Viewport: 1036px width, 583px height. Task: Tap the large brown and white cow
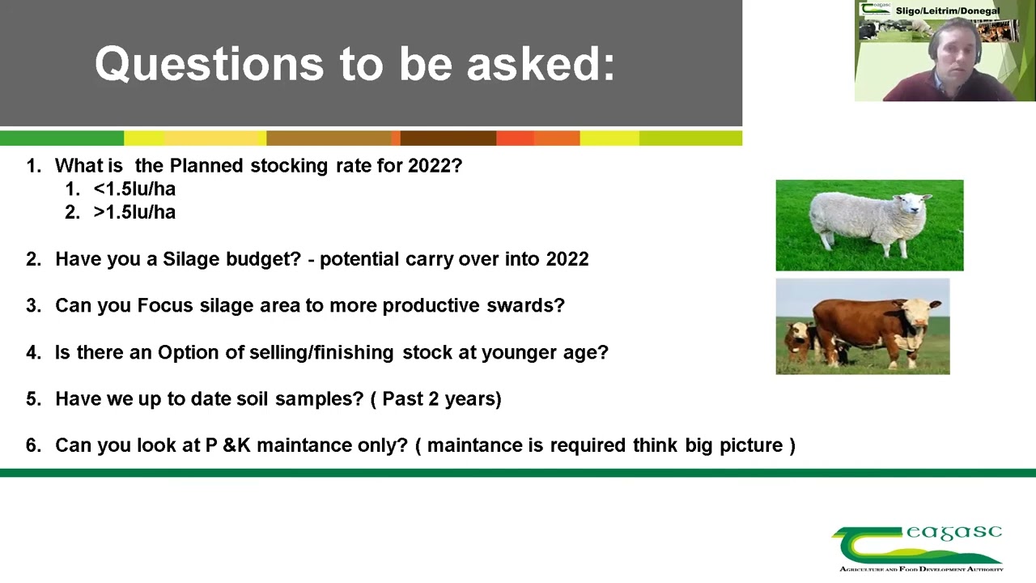[874, 324]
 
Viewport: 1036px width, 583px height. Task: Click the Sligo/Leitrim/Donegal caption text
[947, 11]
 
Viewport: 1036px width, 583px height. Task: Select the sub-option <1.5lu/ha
[134, 189]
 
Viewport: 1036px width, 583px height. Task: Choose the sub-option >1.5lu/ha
[134, 212]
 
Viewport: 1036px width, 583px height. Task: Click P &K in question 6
[227, 445]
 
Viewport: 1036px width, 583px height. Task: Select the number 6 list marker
[32, 445]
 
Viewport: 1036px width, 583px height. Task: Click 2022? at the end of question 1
[435, 165]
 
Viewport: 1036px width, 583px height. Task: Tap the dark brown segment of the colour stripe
[448, 138]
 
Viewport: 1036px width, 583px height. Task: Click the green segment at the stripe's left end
[62, 138]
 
